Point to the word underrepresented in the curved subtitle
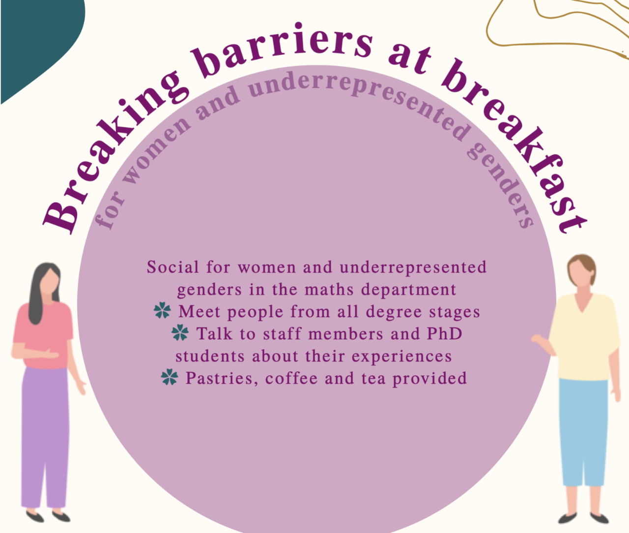pos(359,98)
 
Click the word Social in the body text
pos(173,267)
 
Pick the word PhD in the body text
pos(444,334)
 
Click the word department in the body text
pos(408,290)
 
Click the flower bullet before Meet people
pos(162,311)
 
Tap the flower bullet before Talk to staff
pos(180,333)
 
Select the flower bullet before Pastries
pos(170,378)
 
